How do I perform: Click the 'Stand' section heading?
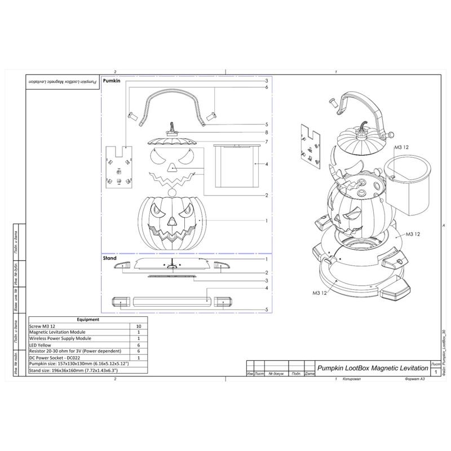tap(109, 259)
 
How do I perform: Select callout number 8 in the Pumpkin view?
tap(266, 132)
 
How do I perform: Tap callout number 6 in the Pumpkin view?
tap(266, 87)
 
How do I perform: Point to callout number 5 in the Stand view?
tap(266, 309)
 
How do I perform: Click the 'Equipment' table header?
tap(87, 320)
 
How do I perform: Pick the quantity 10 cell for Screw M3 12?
tap(138, 326)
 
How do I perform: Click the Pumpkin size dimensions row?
tap(79, 364)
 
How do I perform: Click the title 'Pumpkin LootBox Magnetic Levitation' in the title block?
tap(372, 368)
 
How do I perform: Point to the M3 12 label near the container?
tap(400, 148)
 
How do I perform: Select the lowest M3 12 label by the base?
tap(319, 293)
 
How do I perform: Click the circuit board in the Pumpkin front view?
tap(120, 167)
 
